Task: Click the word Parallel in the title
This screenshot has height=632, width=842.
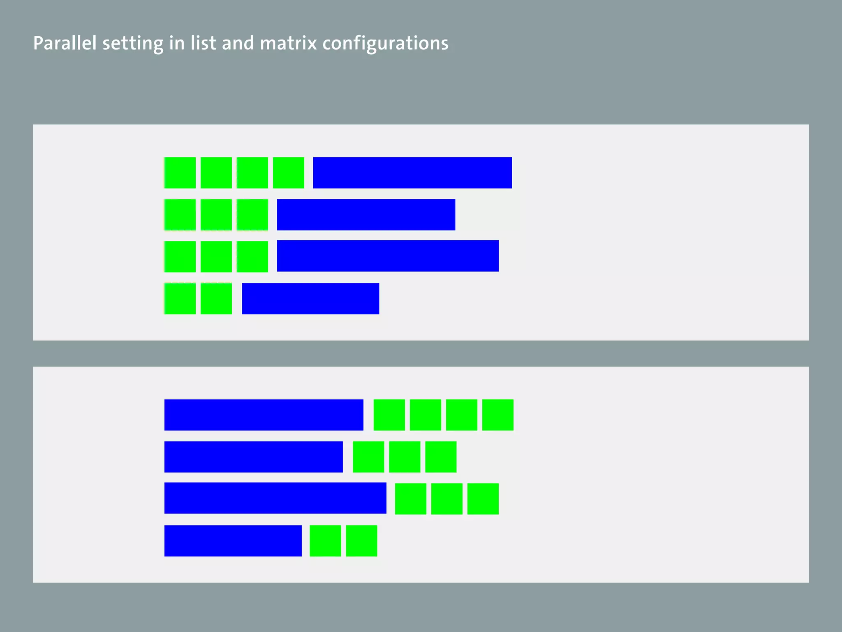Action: coord(65,43)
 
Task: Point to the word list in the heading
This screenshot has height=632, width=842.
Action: coord(203,43)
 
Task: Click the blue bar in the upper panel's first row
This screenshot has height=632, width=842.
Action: coord(412,173)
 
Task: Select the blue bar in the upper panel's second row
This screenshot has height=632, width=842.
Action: coord(366,215)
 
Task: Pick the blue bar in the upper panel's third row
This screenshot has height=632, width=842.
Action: coord(388,256)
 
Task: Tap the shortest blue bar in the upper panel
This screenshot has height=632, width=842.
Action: coord(310,299)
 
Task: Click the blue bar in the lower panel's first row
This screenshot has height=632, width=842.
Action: coord(264,415)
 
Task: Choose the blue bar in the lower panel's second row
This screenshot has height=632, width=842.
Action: coord(253,457)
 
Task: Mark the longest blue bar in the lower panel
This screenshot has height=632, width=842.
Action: coord(275,498)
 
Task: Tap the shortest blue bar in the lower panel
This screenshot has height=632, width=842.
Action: coord(233,541)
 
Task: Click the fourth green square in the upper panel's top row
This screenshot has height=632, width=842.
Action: coord(289,173)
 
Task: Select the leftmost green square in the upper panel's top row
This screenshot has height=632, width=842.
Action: coord(180,173)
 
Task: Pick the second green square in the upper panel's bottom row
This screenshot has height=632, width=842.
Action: coord(216,299)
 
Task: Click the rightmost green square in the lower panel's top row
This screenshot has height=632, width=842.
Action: coord(497,415)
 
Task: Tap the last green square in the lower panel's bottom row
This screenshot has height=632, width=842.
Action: coord(361,541)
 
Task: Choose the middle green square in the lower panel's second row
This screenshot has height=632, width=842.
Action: coord(405,457)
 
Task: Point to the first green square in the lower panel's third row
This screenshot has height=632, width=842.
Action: coord(410,499)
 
